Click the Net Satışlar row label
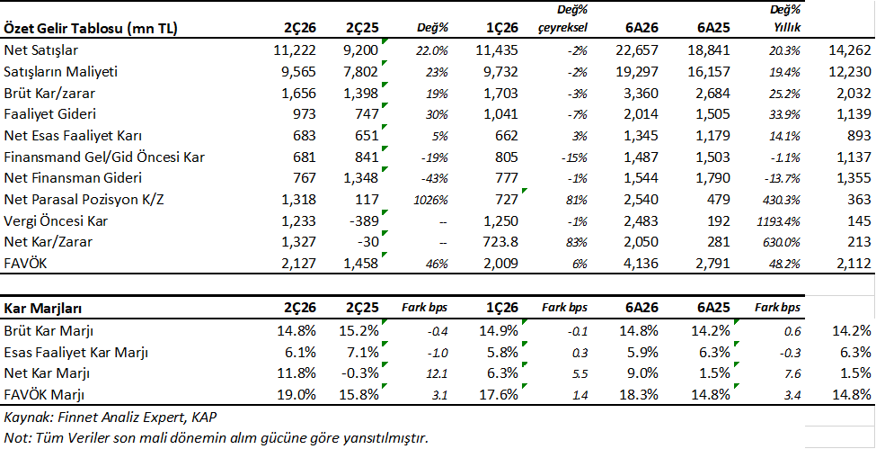click(40, 50)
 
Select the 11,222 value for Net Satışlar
click(296, 50)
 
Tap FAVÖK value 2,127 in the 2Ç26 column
click(300, 264)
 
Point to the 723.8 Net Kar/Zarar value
click(500, 242)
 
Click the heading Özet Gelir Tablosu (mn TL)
click(91, 29)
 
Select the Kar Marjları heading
click(40, 308)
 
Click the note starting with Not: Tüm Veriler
click(219, 436)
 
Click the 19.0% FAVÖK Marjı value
click(297, 395)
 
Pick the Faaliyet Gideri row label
click(50, 114)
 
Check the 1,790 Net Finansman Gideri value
click(713, 178)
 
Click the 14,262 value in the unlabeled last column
click(850, 50)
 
